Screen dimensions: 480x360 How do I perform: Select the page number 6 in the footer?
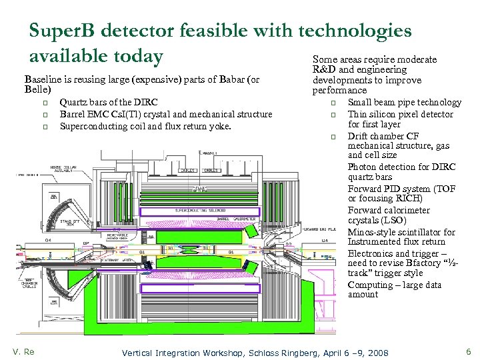pyautogui.click(x=469, y=351)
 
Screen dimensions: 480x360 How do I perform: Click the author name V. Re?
pyautogui.click(x=23, y=351)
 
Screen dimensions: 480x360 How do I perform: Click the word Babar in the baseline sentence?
pyautogui.click(x=219, y=79)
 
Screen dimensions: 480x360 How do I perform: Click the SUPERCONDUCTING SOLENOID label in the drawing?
pyautogui.click(x=200, y=210)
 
